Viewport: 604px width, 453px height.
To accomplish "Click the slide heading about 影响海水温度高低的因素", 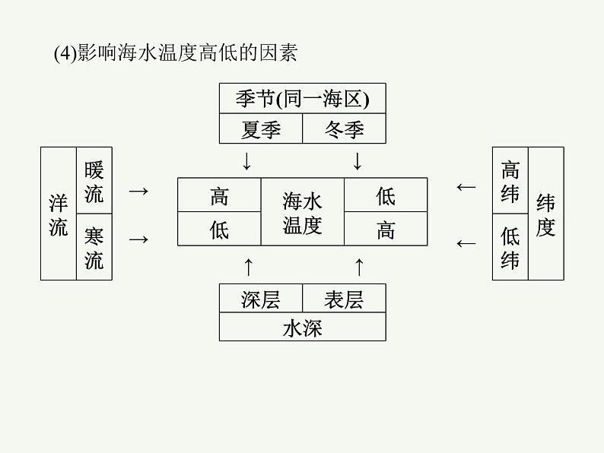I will point(176,53).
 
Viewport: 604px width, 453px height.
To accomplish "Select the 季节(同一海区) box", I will point(302,99).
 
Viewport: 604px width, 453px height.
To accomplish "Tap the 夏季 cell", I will point(261,129).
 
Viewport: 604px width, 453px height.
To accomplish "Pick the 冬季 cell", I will point(344,129).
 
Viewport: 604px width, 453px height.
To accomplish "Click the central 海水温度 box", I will point(303,212).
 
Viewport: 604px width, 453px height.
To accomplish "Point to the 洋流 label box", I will point(59,214).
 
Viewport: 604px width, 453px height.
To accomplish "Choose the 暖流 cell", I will point(94,181).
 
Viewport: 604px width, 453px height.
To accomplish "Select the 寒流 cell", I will point(94,247).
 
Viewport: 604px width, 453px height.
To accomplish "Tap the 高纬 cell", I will point(510,181).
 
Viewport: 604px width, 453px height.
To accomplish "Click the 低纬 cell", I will point(510,247).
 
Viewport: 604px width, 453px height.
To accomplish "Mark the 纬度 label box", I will point(545,214).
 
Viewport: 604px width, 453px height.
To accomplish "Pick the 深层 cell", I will point(261,299).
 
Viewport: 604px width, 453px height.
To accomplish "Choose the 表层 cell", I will point(344,299).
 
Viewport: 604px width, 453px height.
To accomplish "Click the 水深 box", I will point(302,328).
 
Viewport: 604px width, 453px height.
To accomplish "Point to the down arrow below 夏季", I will point(246,161).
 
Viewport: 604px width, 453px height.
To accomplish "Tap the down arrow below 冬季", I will point(358,161).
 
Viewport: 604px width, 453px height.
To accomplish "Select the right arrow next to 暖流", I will point(138,191).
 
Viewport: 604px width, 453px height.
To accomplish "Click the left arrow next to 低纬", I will point(466,243).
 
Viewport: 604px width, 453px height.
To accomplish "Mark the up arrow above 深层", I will point(246,266).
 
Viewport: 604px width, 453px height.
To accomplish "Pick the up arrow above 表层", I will point(359,266).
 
